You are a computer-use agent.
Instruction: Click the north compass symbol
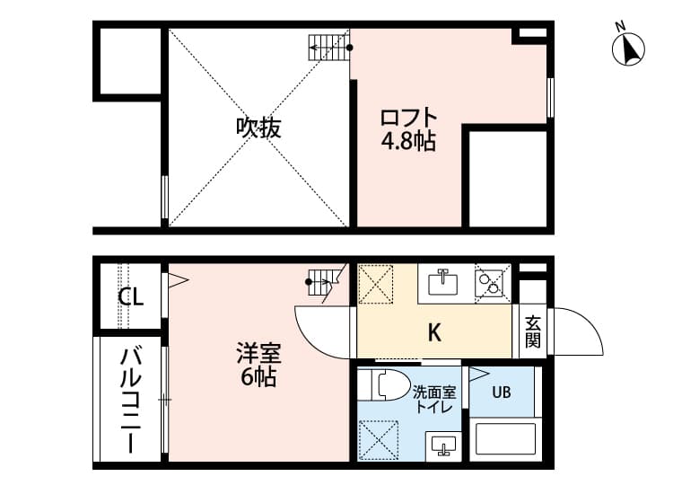(x=629, y=49)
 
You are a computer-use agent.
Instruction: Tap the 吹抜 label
(x=258, y=128)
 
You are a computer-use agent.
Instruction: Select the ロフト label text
(x=408, y=118)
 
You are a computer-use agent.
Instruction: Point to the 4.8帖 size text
(x=408, y=141)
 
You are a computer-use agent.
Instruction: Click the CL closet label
(x=130, y=296)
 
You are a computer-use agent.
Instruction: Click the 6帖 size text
(x=257, y=377)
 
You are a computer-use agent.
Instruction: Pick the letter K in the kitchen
(x=433, y=333)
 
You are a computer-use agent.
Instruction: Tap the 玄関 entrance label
(x=533, y=330)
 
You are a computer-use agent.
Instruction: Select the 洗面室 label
(x=434, y=392)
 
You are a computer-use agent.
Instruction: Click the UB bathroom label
(x=500, y=392)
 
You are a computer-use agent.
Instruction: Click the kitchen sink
(x=442, y=283)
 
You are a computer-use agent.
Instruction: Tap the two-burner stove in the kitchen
(x=490, y=283)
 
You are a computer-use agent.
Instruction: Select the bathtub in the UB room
(x=503, y=439)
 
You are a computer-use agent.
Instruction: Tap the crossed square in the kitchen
(x=375, y=285)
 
